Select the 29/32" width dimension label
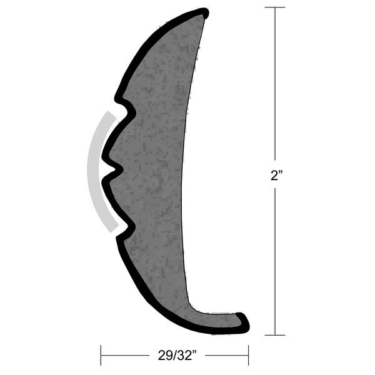[x=175, y=356]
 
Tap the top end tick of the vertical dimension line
[x=276, y=7]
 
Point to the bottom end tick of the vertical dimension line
[x=276, y=336]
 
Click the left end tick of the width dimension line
[x=101, y=356]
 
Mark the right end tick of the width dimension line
[x=248, y=356]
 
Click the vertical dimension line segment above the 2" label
[x=276, y=87]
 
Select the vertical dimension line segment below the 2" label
[x=276, y=262]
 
